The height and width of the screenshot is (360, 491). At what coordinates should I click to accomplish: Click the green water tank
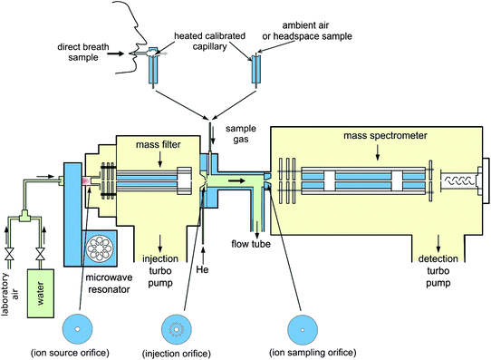point(41,293)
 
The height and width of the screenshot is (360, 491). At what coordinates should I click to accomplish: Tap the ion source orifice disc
point(78,329)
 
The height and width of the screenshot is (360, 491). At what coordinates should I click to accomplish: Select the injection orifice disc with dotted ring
point(177,329)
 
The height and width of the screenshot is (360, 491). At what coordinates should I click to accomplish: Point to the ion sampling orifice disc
point(303,329)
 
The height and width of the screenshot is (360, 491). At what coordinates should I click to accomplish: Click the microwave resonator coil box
point(100,248)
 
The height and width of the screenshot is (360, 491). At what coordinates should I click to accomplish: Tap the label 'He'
point(203,269)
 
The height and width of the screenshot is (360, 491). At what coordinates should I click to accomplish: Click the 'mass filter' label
point(159,145)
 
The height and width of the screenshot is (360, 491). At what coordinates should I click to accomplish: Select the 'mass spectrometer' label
point(385,136)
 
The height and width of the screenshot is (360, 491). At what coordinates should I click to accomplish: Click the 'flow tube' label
point(251,244)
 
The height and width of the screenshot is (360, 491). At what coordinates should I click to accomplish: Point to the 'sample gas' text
point(241,134)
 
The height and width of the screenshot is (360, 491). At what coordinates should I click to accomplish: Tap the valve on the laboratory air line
point(9,254)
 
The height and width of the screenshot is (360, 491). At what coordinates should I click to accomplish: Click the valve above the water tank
point(40,254)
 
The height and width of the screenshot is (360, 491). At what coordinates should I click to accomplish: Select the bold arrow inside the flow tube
point(236,180)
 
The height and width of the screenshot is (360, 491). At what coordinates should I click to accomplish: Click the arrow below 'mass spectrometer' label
point(377,152)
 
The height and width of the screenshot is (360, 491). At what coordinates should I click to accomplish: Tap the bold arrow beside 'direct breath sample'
point(115,54)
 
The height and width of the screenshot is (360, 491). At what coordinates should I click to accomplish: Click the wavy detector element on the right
point(459,180)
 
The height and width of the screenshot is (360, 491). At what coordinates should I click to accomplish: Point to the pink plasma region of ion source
point(86,181)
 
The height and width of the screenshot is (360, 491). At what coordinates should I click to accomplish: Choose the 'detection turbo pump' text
point(438,271)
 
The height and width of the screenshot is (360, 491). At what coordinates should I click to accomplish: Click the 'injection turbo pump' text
point(160,271)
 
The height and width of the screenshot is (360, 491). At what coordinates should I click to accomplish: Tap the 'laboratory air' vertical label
point(10,295)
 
